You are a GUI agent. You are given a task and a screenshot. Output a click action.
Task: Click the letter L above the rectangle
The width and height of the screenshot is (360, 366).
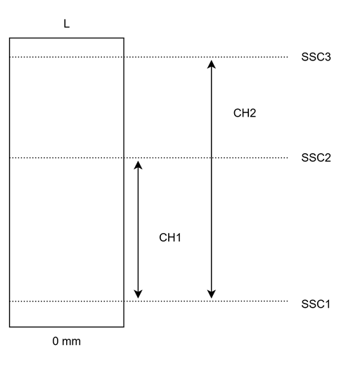pyautogui.click(x=67, y=24)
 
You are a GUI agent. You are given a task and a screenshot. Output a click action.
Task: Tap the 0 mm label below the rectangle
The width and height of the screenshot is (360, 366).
pyautogui.click(x=67, y=341)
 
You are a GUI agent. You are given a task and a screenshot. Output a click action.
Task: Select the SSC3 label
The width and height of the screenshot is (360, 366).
pyautogui.click(x=316, y=57)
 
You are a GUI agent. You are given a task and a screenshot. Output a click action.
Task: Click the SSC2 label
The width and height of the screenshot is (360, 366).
pyautogui.click(x=316, y=157)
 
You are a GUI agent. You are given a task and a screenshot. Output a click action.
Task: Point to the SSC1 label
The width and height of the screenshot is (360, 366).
pyautogui.click(x=316, y=304)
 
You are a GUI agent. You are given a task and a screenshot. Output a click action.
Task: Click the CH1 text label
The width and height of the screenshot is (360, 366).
pyautogui.click(x=170, y=237)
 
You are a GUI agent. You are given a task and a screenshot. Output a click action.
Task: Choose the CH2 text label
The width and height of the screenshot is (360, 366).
pyautogui.click(x=245, y=113)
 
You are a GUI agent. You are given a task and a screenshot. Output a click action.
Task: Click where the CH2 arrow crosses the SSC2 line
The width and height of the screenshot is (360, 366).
pyautogui.click(x=212, y=158)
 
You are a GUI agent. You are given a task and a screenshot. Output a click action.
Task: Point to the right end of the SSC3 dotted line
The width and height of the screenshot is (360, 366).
pyautogui.click(x=288, y=57)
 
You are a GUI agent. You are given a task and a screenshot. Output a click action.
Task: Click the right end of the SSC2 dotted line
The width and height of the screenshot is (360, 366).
pyautogui.click(x=288, y=158)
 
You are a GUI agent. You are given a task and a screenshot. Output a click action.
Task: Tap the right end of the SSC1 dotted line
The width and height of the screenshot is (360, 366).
pyautogui.click(x=288, y=301)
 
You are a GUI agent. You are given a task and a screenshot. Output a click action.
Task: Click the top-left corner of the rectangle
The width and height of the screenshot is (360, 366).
pyautogui.click(x=10, y=38)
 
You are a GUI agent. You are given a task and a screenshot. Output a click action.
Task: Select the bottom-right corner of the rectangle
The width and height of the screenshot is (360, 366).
pyautogui.click(x=124, y=327)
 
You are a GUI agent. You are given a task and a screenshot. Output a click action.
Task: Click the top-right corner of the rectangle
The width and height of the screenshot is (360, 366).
pyautogui.click(x=124, y=38)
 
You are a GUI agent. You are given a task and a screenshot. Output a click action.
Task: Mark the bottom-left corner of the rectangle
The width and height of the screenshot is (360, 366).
pyautogui.click(x=10, y=327)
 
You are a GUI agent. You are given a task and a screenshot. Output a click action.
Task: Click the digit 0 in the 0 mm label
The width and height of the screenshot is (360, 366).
pyautogui.click(x=56, y=341)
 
